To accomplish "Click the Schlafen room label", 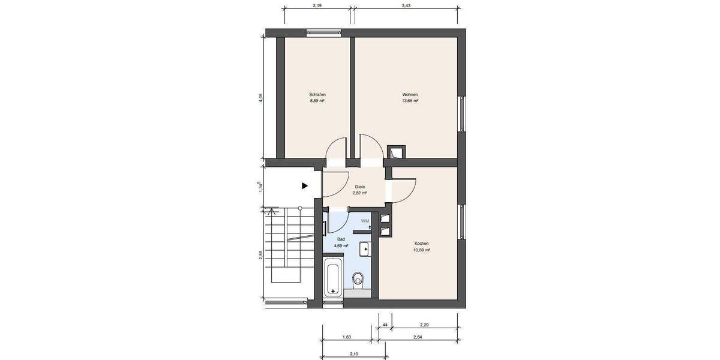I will [317, 95].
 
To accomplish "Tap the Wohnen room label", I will [410, 95].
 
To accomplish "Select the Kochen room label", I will [422, 244].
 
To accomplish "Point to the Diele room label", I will [360, 187].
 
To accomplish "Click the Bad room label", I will [341, 239].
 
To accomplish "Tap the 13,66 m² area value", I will [410, 101].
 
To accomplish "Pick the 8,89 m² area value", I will [317, 101].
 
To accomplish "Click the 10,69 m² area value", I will [422, 250].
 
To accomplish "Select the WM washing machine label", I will [365, 221].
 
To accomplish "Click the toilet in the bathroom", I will [359, 279].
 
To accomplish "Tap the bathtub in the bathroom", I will [333, 278].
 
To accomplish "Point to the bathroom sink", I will [364, 248].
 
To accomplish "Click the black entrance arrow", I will [305, 186].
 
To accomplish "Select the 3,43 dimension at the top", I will [407, 5].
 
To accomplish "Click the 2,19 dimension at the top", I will [318, 5].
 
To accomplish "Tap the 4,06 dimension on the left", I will [260, 97].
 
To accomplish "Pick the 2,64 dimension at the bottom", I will [419, 337].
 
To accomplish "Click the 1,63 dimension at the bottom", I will [347, 337].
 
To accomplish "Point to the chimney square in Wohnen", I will [396, 152].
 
